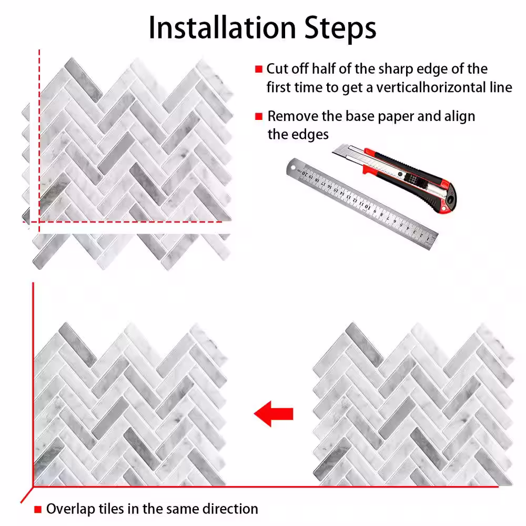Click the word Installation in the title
point(222,27)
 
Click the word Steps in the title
point(340,28)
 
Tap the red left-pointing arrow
point(274,413)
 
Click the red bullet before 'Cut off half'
point(259,69)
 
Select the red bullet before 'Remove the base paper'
point(259,116)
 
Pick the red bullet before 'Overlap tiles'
point(38,510)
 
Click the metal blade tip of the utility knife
point(336,151)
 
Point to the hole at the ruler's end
point(293,167)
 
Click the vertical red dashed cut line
point(39,141)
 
